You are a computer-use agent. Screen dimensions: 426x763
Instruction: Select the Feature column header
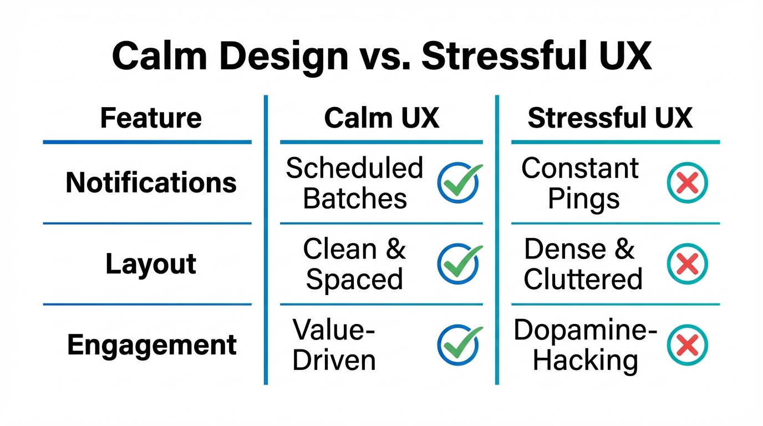click(151, 118)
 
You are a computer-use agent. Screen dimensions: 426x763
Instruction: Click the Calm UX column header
click(381, 118)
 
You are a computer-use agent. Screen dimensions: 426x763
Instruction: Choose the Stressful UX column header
click(610, 118)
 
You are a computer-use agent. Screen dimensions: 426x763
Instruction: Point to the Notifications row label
click(151, 182)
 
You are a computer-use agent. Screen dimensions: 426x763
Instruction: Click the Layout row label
click(151, 264)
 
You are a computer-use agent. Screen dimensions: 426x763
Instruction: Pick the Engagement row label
click(152, 345)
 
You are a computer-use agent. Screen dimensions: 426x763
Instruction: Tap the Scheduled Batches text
click(355, 183)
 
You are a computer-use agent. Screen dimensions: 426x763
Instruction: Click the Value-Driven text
click(334, 345)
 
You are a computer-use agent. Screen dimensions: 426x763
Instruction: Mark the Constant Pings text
click(581, 183)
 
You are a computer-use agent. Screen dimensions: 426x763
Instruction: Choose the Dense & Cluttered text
click(582, 264)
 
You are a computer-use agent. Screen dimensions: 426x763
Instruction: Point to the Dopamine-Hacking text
click(585, 345)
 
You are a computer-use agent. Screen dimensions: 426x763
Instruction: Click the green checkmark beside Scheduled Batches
click(459, 182)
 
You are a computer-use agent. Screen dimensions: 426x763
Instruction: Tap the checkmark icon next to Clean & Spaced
click(459, 263)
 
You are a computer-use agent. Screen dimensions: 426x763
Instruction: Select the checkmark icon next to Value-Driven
click(459, 345)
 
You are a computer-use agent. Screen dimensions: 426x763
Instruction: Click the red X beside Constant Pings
click(687, 182)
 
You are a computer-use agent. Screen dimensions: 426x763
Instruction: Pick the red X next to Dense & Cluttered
click(687, 263)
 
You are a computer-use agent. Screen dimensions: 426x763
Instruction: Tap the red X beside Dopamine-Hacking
click(687, 345)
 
